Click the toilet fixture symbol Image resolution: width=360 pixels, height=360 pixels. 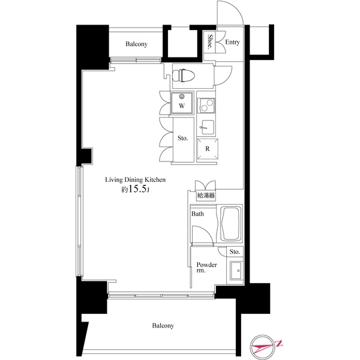182,75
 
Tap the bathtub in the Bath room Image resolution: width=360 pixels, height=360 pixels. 230,224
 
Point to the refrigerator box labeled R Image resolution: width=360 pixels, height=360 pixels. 207,148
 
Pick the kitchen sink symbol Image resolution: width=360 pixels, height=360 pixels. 207,127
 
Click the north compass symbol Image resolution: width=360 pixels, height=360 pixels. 266,345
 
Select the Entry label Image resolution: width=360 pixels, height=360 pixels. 233,43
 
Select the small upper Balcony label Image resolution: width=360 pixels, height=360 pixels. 137,44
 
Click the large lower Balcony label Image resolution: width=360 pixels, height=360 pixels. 163,326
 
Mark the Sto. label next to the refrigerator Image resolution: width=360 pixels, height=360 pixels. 183,139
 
